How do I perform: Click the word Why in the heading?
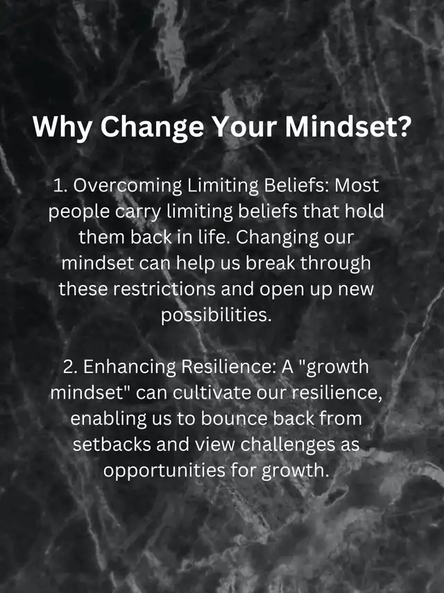coord(62,127)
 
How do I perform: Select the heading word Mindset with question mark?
coord(348,126)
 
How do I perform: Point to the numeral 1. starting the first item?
coord(60,186)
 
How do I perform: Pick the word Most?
coord(357,185)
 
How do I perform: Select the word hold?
coord(364,211)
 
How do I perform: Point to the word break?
coord(271,263)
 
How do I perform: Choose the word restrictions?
coord(164,289)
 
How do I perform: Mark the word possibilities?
coord(216,316)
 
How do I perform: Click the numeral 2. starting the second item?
coord(70,367)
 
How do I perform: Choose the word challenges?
coord(288,445)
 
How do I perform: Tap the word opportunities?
coord(164,472)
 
